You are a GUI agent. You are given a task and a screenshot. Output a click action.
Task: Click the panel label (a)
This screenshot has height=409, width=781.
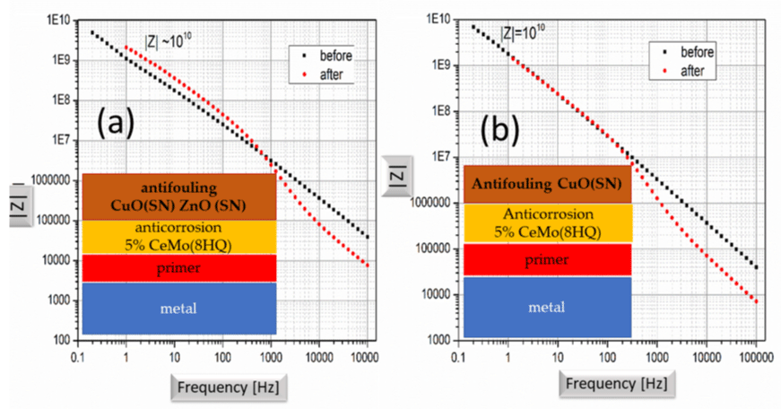tap(116, 122)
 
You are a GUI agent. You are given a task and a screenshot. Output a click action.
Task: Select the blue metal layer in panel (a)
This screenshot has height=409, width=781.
tap(179, 309)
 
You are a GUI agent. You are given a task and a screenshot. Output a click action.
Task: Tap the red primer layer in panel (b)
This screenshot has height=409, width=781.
tap(547, 260)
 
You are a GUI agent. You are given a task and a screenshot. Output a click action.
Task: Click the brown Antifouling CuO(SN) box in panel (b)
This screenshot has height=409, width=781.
tap(547, 185)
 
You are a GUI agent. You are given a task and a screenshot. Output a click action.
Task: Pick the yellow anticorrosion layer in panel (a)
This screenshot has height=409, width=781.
tap(179, 236)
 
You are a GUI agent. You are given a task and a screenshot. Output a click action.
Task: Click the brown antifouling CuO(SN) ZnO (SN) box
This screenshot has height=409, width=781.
tap(179, 195)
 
